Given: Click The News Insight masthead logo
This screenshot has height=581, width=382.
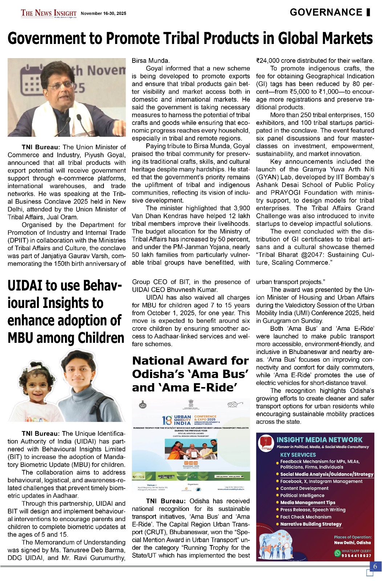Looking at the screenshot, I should pyautogui.click(x=49, y=13).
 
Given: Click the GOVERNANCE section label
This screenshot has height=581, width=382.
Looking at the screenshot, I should pyautogui.click(x=326, y=13).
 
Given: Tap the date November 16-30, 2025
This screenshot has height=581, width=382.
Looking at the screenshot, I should pyautogui.click(x=103, y=13).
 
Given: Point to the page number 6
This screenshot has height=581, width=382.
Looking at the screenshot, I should pyautogui.click(x=375, y=566).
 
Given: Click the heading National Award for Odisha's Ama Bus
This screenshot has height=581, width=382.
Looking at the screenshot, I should pyautogui.click(x=190, y=374).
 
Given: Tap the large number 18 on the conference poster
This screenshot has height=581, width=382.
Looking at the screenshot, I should pyautogui.click(x=167, y=420).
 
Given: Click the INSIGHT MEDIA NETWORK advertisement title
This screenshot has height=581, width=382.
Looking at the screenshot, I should pyautogui.click(x=319, y=440).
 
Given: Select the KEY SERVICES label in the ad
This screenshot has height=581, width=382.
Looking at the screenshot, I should pyautogui.click(x=298, y=455).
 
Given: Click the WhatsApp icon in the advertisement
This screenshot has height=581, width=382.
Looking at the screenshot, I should pyautogui.click(x=337, y=553).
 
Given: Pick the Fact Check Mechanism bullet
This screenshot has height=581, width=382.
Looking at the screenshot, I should pyautogui.click(x=305, y=517).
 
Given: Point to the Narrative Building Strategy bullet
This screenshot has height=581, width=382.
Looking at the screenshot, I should pyautogui.click(x=310, y=524).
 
